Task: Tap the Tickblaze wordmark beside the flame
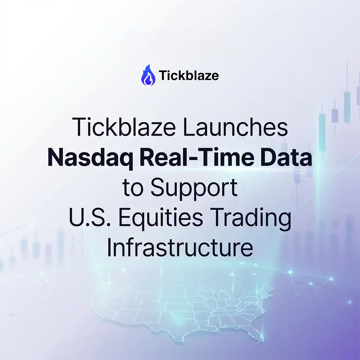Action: pos(189,76)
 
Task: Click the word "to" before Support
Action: pos(132,188)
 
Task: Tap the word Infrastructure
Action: pos(180,248)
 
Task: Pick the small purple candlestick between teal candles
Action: pos(335,115)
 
